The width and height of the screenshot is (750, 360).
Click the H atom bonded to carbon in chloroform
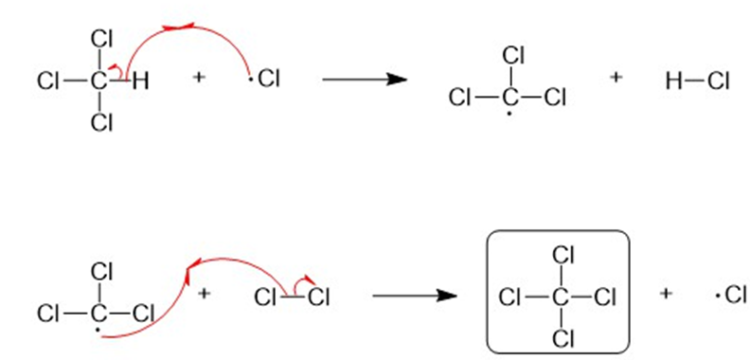tap(140, 81)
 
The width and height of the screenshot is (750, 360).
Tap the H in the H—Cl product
tap(674, 81)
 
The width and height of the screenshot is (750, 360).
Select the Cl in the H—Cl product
tap(718, 81)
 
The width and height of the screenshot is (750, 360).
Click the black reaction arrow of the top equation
tap(365, 80)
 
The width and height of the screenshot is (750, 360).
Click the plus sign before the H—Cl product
tap(616, 77)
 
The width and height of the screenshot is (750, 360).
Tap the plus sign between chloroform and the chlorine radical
tap(199, 78)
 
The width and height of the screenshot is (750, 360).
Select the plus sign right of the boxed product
tap(665, 294)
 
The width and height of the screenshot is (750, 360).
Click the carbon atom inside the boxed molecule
tap(559, 298)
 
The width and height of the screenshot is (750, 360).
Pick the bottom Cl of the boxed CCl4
tap(563, 338)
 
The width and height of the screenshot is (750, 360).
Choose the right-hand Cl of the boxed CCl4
tap(604, 298)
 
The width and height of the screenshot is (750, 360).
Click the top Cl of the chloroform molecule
tap(101, 40)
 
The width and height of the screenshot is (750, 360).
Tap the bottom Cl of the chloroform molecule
tap(101, 123)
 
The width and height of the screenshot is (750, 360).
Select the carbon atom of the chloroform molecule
tap(98, 81)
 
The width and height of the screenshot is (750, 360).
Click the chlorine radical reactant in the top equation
tap(264, 79)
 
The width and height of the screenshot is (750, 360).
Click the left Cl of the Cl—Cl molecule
tap(266, 298)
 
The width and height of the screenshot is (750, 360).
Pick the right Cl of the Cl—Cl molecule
tap(319, 298)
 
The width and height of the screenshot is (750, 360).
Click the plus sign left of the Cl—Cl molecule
tap(205, 293)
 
